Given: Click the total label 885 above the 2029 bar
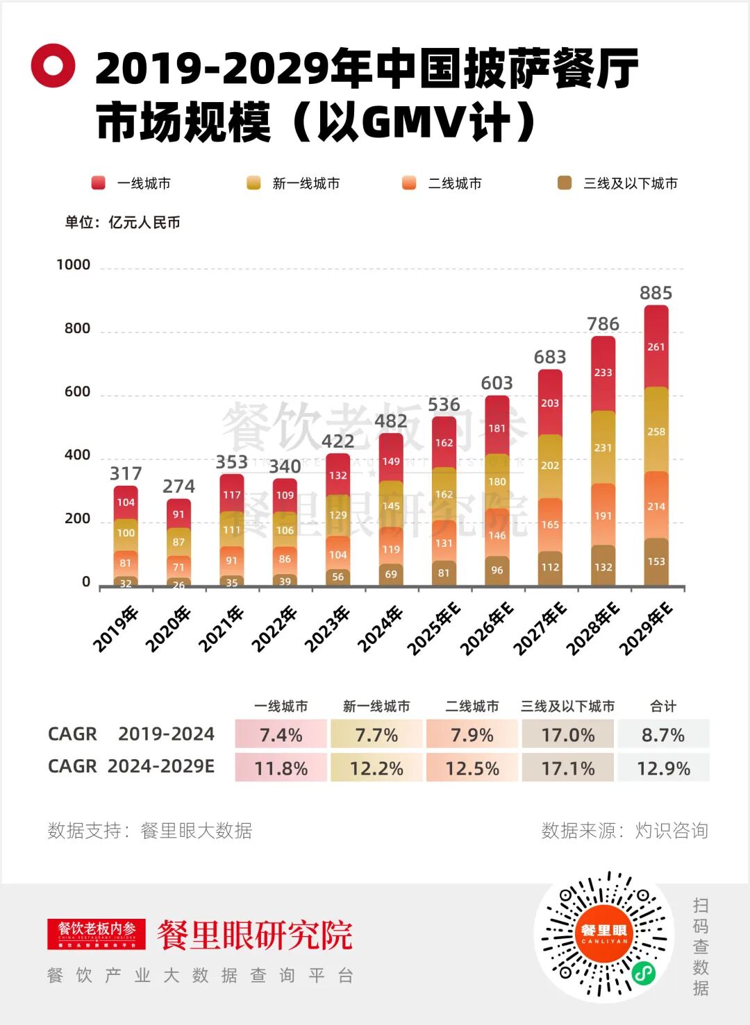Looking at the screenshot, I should tap(656, 293).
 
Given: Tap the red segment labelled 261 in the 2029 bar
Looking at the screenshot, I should tap(656, 347).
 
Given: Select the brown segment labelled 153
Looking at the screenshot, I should tap(656, 561).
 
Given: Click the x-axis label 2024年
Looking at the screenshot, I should tap(381, 628).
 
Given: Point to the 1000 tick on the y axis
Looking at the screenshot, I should tap(74, 264).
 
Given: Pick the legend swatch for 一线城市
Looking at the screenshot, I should tap(98, 183).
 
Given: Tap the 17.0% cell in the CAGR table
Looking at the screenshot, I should tap(567, 735).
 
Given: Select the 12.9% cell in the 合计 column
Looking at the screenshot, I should tap(663, 768).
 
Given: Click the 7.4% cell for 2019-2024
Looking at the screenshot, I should tap(281, 735).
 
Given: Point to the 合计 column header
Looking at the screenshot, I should tap(663, 706).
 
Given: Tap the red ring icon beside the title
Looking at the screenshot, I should tap(53, 65).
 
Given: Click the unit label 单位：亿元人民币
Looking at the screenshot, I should tap(122, 223).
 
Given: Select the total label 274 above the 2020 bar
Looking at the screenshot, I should tap(178, 486).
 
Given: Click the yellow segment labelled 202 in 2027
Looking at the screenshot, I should tap(550, 466).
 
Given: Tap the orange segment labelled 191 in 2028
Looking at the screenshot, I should tap(603, 516).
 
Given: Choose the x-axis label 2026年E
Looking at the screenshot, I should tap(487, 629).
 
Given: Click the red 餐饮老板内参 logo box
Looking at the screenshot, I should tap(97, 934).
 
